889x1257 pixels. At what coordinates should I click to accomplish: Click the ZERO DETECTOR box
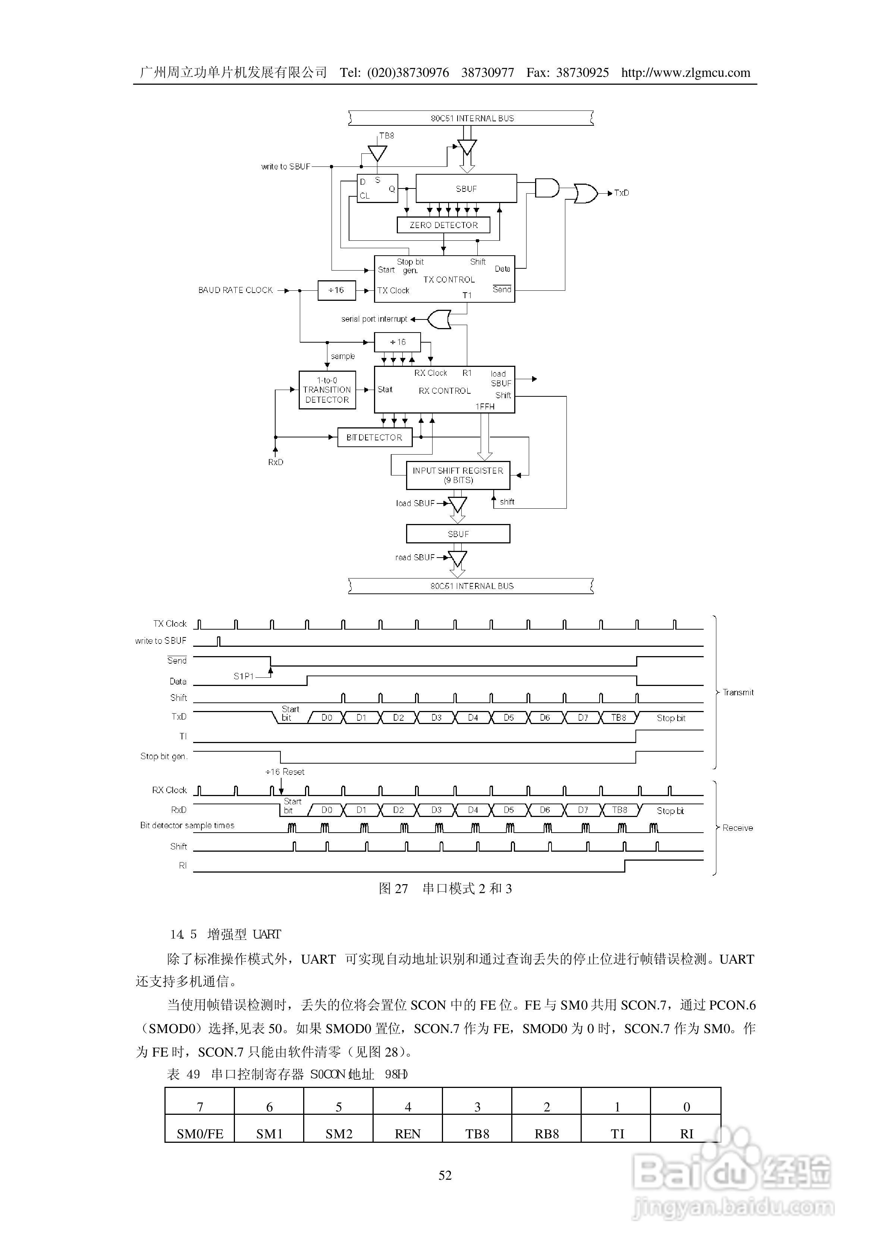(443, 225)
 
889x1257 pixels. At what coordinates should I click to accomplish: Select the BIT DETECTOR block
(374, 437)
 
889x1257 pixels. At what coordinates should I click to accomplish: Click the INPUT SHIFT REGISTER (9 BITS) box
(458, 475)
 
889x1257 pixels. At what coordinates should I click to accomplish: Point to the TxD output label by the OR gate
(621, 193)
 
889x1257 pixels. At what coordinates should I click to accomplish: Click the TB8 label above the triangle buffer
(386, 136)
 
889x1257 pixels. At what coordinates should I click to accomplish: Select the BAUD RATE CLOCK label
(235, 290)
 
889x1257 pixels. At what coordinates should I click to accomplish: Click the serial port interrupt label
(374, 319)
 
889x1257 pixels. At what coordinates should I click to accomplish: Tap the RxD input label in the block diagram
(275, 462)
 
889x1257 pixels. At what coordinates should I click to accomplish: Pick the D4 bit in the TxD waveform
(473, 717)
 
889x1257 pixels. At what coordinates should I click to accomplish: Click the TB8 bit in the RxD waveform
(619, 810)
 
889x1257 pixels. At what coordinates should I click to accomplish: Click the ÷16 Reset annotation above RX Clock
(285, 772)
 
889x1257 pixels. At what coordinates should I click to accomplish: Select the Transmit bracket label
(738, 692)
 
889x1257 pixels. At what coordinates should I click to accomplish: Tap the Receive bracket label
(737, 827)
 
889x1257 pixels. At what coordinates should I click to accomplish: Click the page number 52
(444, 1175)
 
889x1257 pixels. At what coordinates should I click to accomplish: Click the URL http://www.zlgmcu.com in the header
(685, 73)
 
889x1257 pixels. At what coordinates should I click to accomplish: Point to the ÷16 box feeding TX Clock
(336, 290)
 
